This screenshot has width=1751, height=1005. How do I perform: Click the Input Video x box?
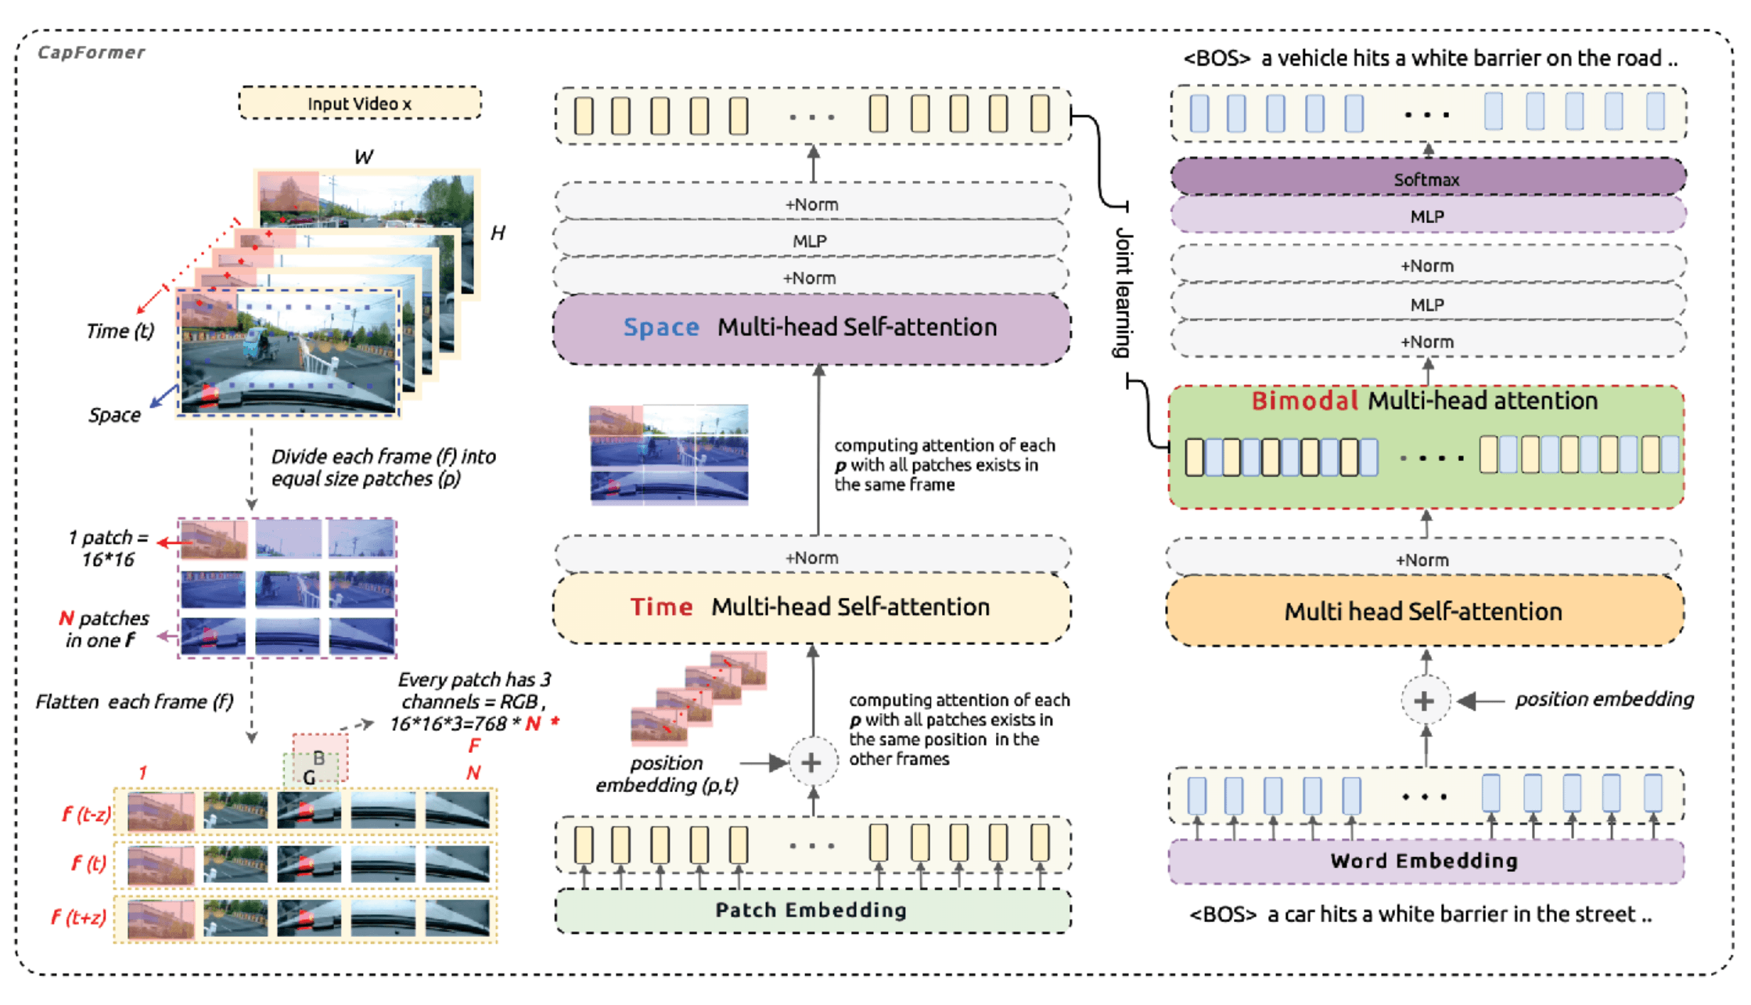coord(359,103)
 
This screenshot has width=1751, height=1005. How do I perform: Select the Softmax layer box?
coord(1427,178)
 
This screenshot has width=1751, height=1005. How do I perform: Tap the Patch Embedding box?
coord(811,910)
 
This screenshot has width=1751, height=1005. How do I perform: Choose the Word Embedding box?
coord(1425,861)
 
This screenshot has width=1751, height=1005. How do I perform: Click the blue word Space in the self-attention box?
coord(661,327)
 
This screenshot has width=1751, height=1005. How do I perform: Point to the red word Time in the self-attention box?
coord(662,607)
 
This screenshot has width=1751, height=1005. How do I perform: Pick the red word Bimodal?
coord(1304,402)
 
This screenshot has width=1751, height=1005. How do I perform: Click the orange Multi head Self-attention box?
coord(1423,611)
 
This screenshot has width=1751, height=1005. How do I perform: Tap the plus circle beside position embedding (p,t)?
coord(812,762)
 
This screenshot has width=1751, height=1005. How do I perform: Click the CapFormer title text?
coord(92,52)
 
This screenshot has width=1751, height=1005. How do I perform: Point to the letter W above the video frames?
coord(364,157)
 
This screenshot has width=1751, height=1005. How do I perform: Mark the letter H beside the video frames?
coord(498,233)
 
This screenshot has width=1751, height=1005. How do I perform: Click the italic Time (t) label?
coord(120,331)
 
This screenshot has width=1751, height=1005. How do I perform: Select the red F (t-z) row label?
coord(85,815)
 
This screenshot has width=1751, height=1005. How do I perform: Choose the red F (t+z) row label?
coord(79,917)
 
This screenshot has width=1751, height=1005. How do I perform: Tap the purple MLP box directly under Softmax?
coord(1427,217)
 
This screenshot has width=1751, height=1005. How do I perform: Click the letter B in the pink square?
coord(318,758)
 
